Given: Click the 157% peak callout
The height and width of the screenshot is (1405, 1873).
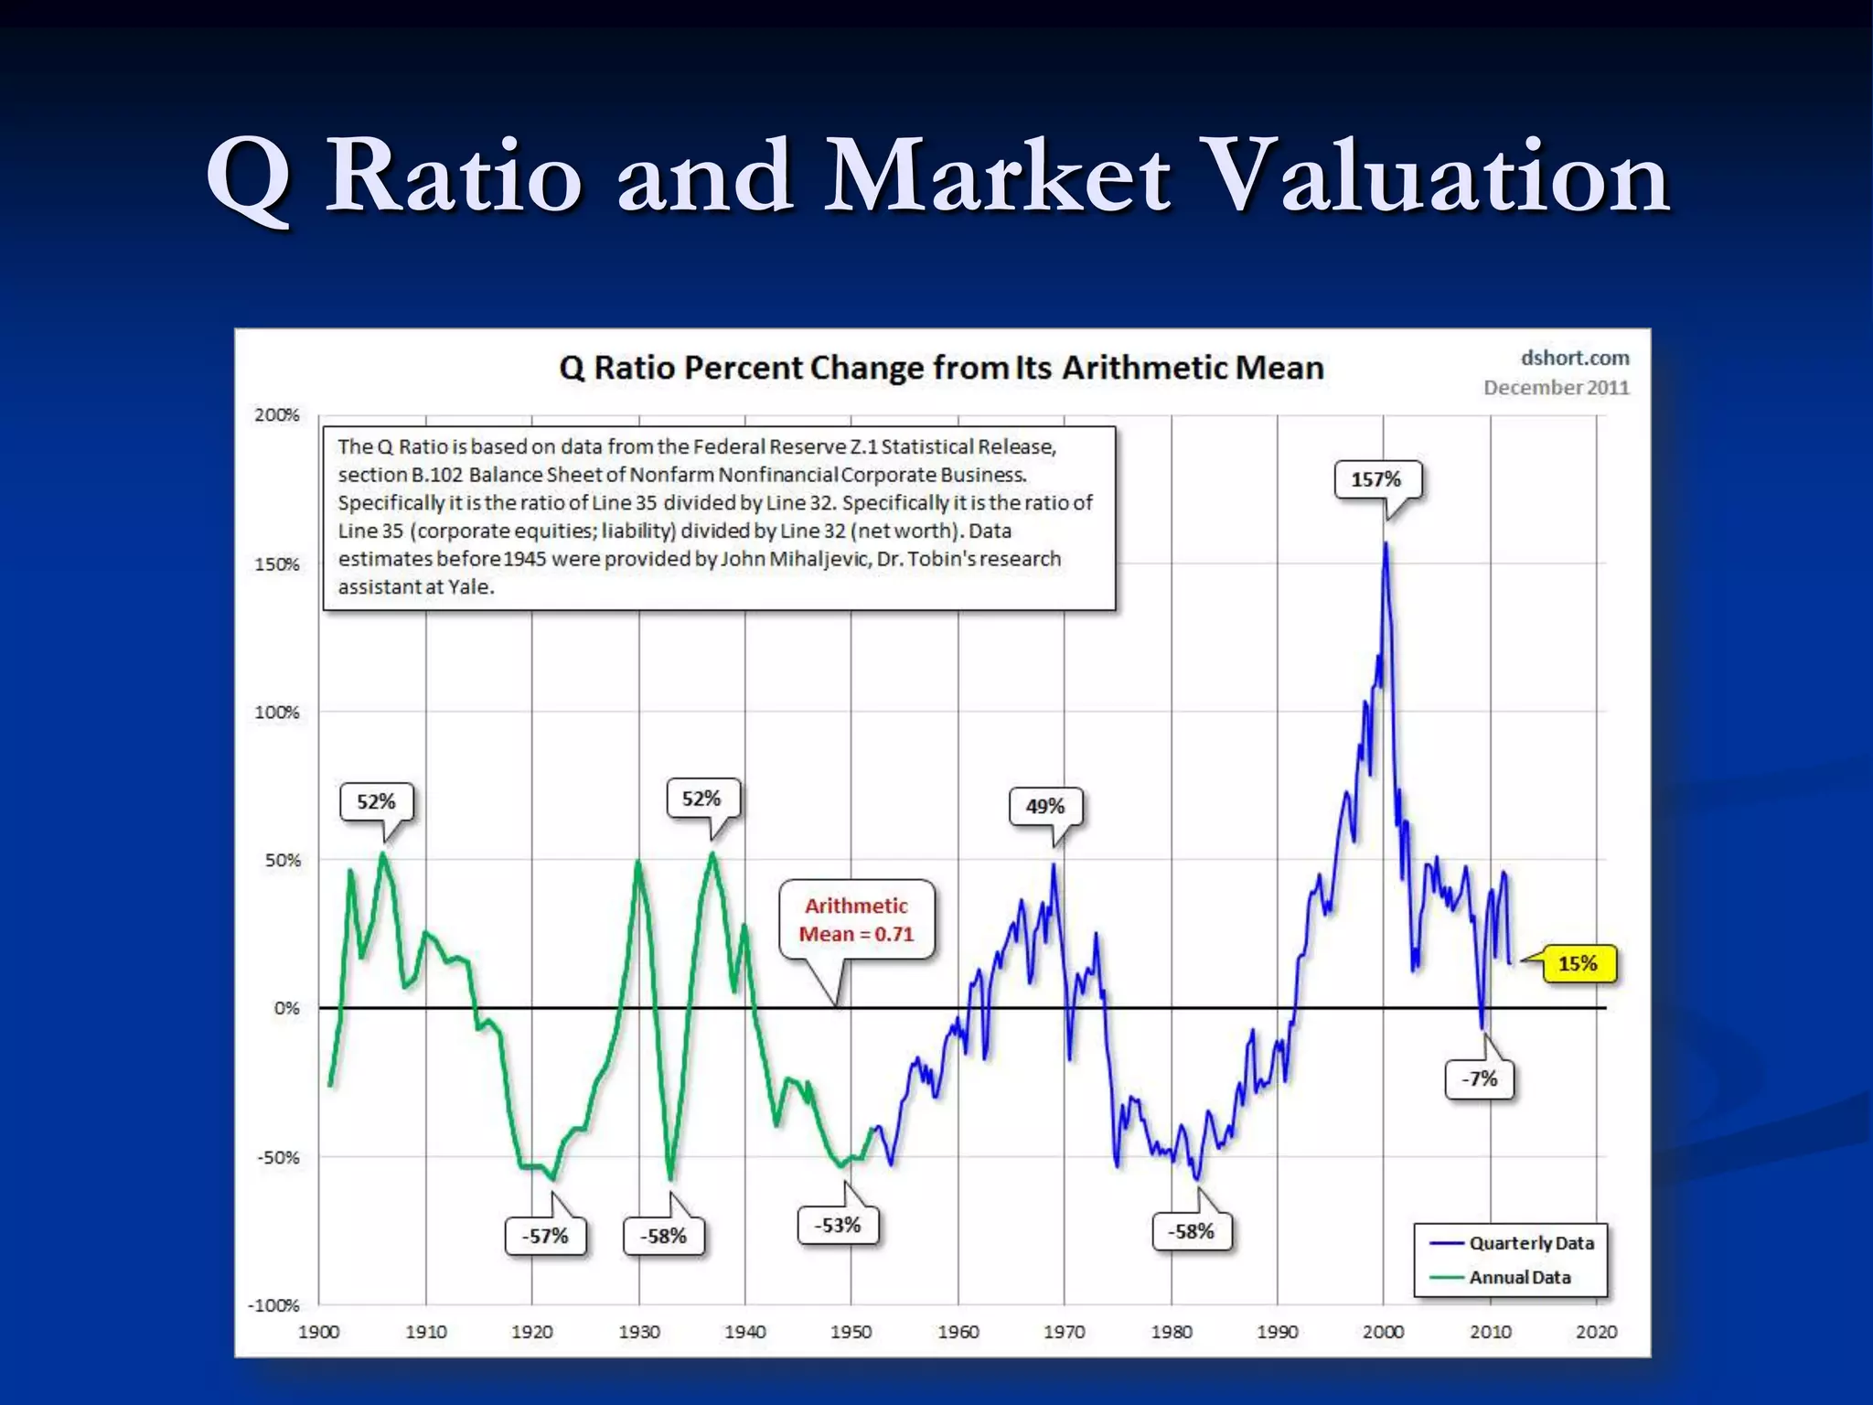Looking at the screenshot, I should click(1376, 479).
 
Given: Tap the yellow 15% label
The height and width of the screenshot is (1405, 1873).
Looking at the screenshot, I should click(1578, 963).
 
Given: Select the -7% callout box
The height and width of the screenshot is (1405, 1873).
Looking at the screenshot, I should click(1479, 1078).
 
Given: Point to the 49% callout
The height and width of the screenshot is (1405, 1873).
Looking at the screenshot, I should click(1045, 806).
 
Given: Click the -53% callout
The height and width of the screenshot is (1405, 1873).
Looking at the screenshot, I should click(838, 1225).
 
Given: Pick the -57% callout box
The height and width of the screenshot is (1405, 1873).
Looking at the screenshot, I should click(545, 1236).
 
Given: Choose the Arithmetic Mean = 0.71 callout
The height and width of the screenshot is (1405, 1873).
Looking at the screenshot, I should click(857, 919).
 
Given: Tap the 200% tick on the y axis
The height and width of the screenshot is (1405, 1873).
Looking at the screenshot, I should click(277, 415).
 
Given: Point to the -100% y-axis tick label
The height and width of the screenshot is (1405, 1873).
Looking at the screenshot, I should click(273, 1305).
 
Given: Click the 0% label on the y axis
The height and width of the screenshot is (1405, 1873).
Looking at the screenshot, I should click(286, 1008).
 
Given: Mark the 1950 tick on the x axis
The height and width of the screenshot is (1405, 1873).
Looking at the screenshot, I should click(851, 1332).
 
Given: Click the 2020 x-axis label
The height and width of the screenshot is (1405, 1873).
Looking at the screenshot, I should click(1596, 1332).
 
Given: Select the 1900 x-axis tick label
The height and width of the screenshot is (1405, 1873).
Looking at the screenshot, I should click(319, 1332).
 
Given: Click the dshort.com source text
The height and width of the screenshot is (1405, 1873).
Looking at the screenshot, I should click(1575, 358).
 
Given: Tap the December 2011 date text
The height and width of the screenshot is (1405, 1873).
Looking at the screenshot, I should click(1557, 387).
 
